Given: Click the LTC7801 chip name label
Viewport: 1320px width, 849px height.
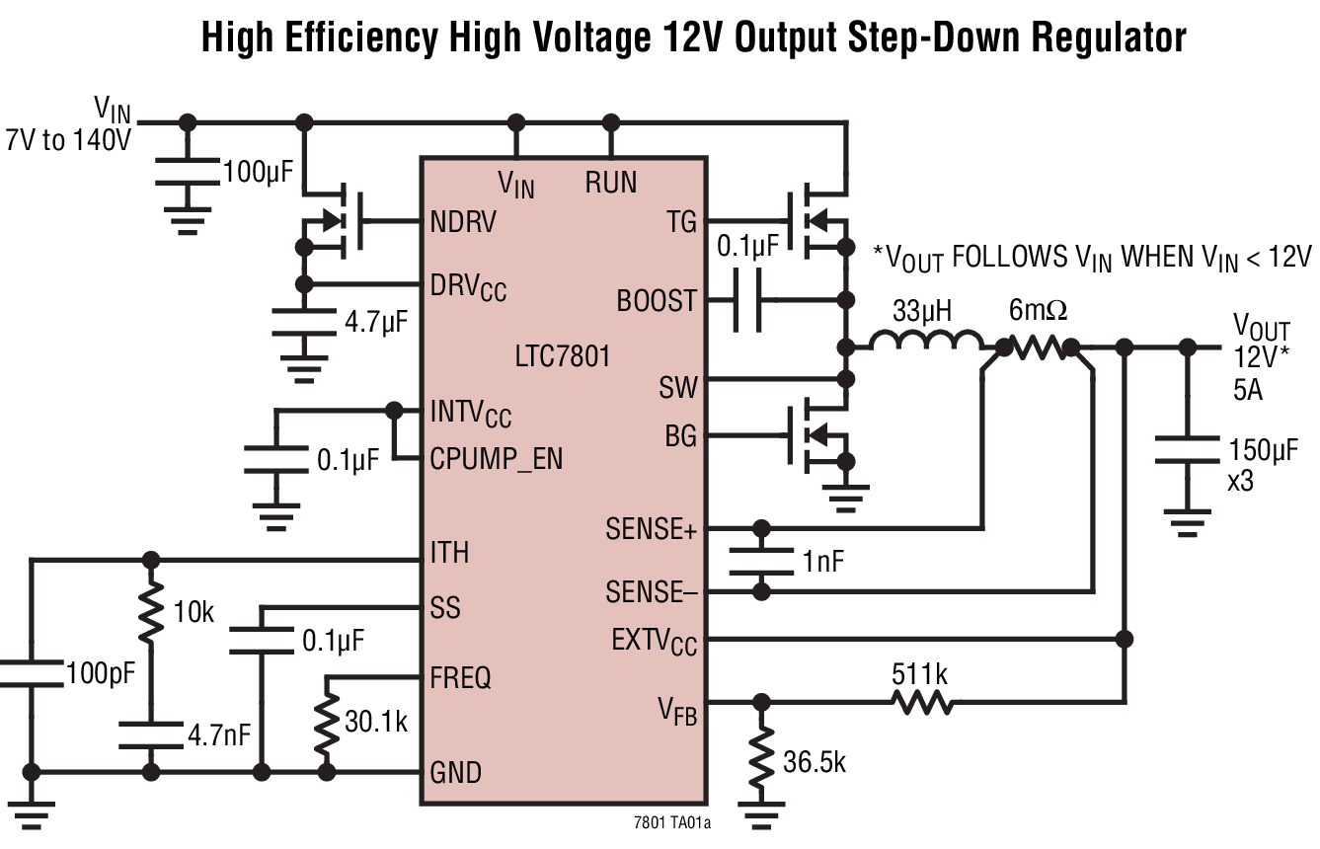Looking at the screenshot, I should coord(562,355).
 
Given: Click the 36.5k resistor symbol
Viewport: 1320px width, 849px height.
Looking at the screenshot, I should coord(760,755).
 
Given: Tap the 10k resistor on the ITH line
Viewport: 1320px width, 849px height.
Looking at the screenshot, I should coord(150,612).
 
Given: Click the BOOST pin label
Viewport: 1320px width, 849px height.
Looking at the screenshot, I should coord(657,299).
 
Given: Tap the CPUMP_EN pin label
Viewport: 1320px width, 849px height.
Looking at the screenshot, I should coord(496,459).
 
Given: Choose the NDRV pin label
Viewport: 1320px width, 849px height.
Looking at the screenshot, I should coord(463,221).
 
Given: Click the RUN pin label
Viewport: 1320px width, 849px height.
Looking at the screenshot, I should coord(610,183).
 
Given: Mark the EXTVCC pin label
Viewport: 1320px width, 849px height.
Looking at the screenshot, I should coord(654,642).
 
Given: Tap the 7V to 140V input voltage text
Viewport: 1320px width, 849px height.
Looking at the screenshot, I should coord(68,140).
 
